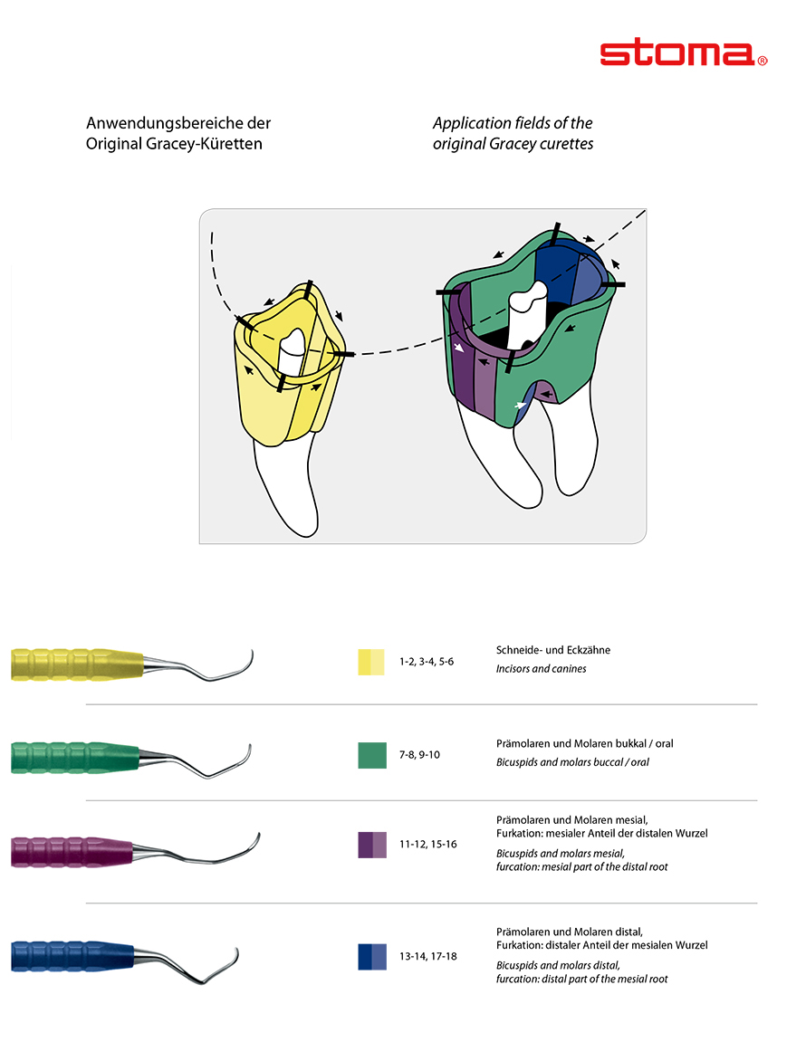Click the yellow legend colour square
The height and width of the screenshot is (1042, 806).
click(372, 662)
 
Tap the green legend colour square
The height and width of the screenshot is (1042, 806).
click(372, 754)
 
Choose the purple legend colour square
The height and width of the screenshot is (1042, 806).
click(372, 845)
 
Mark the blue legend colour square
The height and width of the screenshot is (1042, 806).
click(372, 956)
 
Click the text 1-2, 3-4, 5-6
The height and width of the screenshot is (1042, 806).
click(427, 662)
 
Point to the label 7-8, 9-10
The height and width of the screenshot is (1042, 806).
click(419, 754)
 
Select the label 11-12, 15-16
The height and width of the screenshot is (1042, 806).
click(427, 845)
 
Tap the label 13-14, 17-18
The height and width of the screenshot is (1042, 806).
click(427, 956)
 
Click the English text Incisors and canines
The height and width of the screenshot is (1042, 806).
click(541, 669)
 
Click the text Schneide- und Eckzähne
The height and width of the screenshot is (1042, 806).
click(552, 650)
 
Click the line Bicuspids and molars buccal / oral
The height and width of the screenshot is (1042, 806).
click(572, 762)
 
